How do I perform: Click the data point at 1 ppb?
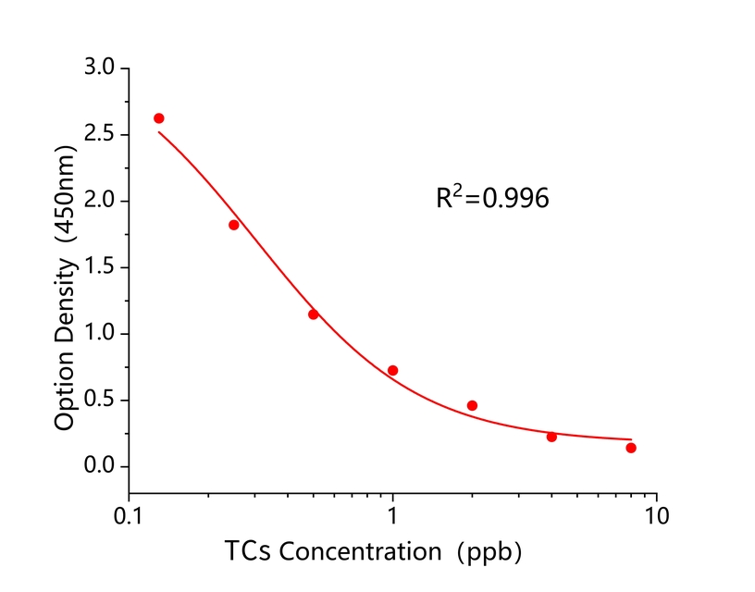[x=392, y=370]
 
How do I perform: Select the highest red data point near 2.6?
[x=159, y=118]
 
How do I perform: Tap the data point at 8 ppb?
[x=631, y=448]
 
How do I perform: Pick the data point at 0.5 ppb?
[x=314, y=314]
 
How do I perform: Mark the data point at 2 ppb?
[x=472, y=405]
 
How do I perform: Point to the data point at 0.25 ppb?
[x=234, y=225]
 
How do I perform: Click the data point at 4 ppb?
[x=551, y=437]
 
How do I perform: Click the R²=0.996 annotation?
[x=492, y=198]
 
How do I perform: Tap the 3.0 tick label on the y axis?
[x=99, y=68]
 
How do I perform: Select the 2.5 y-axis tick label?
[x=99, y=135]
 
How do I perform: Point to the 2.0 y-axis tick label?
[x=99, y=202]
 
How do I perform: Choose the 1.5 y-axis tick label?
[x=99, y=268]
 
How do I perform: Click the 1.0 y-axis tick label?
[x=99, y=334]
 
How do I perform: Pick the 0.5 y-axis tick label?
[x=99, y=401]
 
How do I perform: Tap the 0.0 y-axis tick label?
[x=99, y=467]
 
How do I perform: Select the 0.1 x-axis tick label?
[x=130, y=513]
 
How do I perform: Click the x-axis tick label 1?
[x=393, y=513]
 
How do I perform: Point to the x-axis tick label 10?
[x=657, y=513]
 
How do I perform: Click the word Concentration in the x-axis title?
[x=361, y=552]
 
